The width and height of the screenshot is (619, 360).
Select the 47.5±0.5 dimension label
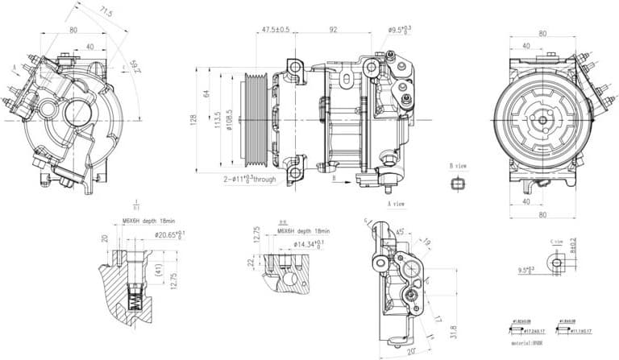(275, 30)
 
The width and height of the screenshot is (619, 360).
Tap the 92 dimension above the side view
(332, 30)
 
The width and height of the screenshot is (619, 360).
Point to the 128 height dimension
(193, 119)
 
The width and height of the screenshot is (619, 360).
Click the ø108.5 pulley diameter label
(231, 122)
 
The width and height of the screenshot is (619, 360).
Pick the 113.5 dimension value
(218, 120)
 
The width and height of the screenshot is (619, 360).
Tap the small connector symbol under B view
(458, 184)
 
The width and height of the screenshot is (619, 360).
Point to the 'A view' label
(397, 204)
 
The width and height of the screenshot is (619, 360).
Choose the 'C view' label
(556, 241)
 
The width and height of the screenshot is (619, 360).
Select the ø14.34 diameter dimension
(309, 242)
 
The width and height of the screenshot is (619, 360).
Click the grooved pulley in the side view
(257, 121)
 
